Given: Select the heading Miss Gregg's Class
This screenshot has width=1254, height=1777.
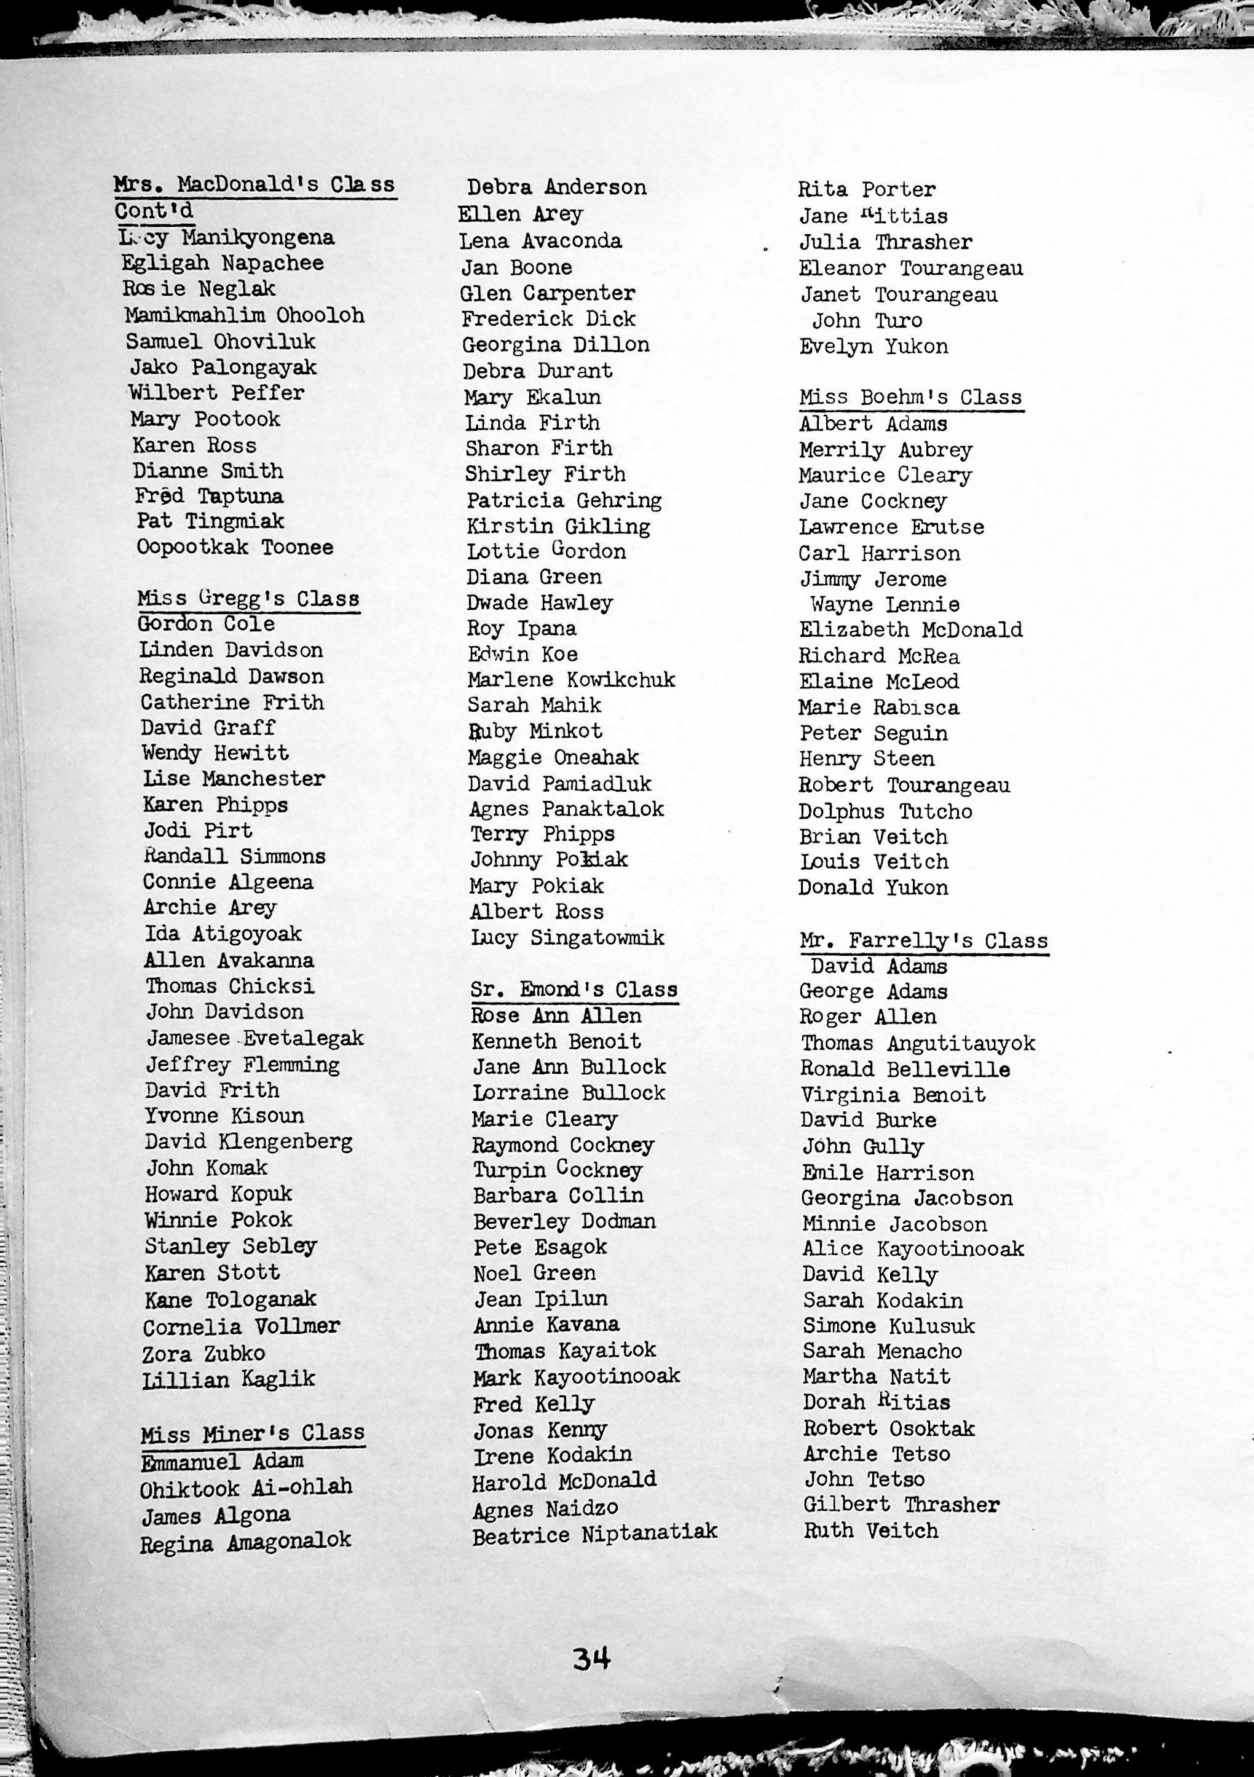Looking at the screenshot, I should click(248, 598).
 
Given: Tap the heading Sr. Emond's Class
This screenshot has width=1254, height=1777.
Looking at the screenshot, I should click(574, 989).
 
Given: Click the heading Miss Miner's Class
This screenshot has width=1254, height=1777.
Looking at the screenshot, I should click(253, 1433).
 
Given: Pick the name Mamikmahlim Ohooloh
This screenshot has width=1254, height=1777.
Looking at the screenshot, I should click(245, 315).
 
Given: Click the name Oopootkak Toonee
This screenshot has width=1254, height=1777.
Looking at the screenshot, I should click(235, 547).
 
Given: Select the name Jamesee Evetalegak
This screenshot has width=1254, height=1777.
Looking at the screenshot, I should click(254, 1038).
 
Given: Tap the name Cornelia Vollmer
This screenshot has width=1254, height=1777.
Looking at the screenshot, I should click(241, 1326).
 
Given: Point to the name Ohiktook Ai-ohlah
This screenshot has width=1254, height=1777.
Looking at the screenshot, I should click(245, 1487).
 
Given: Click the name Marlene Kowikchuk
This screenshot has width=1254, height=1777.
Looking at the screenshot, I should click(570, 680).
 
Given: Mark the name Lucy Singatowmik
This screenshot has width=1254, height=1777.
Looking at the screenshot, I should click(567, 937).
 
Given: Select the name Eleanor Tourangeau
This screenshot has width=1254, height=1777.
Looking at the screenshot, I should click(910, 269).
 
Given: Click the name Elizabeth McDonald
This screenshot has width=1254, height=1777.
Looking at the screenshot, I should click(910, 630).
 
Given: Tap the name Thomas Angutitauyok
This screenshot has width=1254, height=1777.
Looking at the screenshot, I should click(917, 1043).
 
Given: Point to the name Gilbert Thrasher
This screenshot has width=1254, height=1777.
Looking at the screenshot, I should click(901, 1505).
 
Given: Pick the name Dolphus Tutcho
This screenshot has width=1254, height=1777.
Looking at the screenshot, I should click(886, 811).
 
